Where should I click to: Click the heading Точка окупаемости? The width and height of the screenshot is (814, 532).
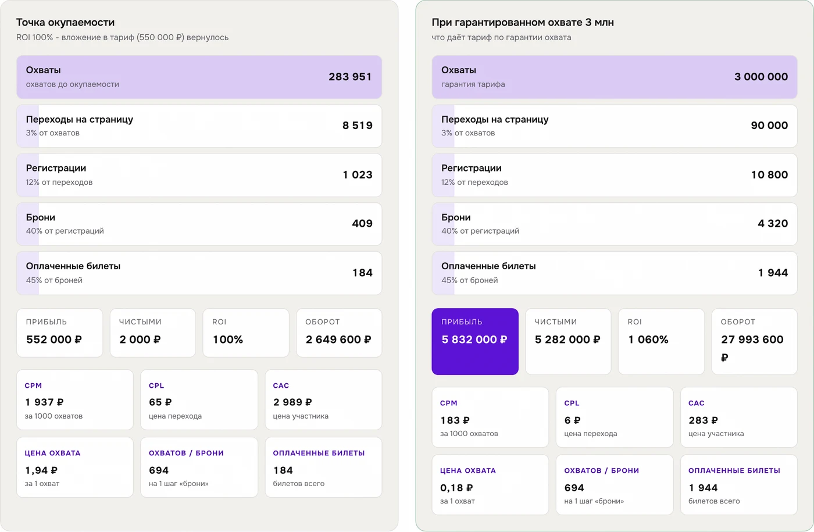point(65,23)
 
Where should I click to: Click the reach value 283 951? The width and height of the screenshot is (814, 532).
point(350,77)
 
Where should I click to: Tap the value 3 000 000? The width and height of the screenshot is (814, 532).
point(761,77)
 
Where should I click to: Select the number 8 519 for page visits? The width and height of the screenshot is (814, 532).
point(357,126)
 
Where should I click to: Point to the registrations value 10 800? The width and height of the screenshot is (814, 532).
point(769,175)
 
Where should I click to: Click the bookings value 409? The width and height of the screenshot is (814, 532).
point(362,223)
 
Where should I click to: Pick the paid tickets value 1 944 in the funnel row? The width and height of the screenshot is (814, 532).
point(773,273)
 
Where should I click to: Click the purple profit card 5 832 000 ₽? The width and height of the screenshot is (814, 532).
point(475,341)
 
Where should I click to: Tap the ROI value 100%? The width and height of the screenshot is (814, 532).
point(228,340)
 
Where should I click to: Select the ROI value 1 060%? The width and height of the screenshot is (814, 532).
point(648,340)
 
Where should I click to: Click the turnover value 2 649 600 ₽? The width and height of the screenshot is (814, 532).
point(338,340)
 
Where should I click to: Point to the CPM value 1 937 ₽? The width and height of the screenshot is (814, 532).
point(44,402)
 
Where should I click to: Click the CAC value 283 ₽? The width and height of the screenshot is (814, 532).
point(703,420)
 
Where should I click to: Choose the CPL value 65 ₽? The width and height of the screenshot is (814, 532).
point(160,402)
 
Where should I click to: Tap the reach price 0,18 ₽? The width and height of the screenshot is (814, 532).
point(456,488)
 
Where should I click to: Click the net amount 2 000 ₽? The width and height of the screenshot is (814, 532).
point(140,340)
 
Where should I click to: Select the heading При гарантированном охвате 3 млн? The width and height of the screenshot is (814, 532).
point(523,23)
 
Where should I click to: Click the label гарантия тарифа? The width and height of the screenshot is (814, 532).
point(473,84)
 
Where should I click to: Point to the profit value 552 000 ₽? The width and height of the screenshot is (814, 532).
point(53,340)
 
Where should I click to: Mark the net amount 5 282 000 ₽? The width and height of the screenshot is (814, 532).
point(567,340)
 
